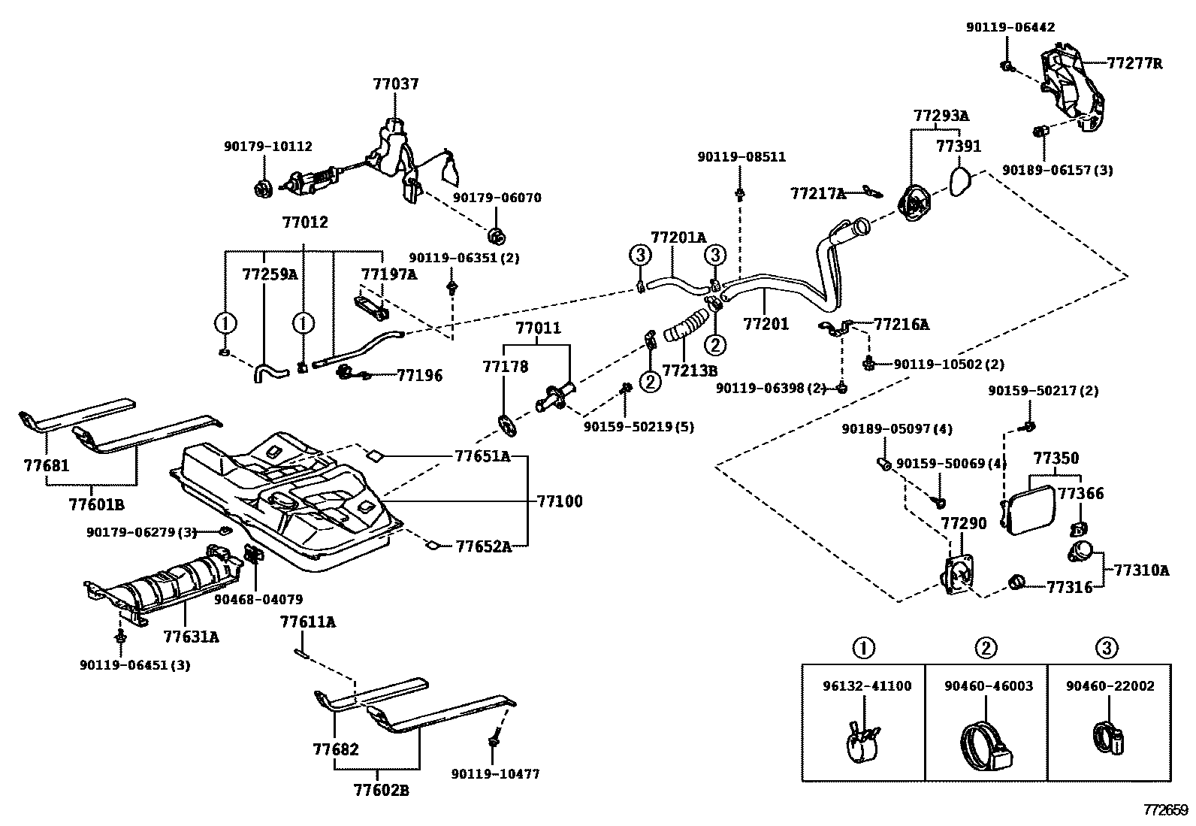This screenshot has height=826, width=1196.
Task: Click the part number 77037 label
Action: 395,83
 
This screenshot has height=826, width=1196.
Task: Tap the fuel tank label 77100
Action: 559,501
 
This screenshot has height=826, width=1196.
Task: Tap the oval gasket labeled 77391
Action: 959,181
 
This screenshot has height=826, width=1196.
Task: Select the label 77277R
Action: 1134,64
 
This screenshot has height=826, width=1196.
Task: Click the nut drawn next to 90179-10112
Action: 262,188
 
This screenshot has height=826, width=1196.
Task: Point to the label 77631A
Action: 192,637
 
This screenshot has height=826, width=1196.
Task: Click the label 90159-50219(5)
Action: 639,427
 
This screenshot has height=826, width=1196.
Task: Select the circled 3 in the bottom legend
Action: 1107,647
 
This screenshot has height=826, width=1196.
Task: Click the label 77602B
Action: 381,790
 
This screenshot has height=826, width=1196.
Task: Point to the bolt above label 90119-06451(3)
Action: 120,636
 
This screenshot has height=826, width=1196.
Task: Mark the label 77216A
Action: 901,325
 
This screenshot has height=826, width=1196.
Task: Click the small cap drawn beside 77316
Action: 1017,582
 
